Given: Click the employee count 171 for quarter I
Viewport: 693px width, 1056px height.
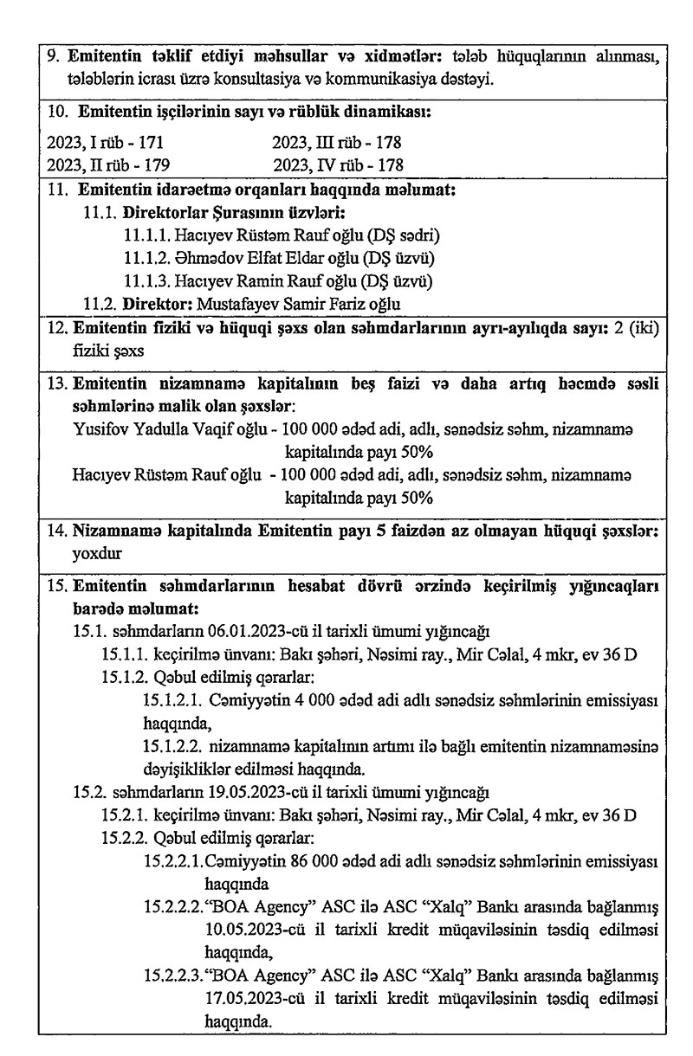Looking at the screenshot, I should click(x=152, y=143).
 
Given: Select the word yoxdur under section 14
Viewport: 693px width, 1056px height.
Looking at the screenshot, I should click(x=98, y=549).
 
